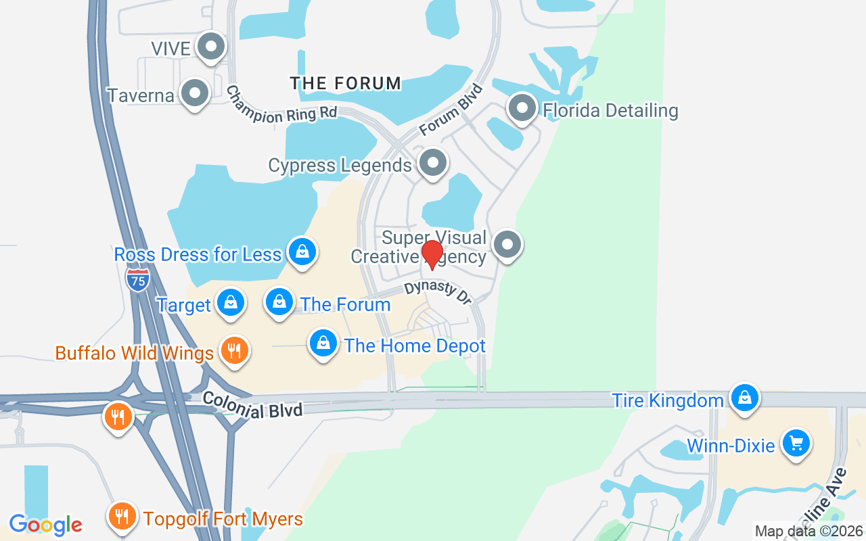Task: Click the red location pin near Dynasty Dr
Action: click(x=432, y=254)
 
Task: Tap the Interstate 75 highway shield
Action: click(x=137, y=279)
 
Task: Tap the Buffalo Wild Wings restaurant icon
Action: click(x=234, y=351)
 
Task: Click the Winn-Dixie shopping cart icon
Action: click(x=796, y=444)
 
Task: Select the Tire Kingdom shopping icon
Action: click(x=745, y=398)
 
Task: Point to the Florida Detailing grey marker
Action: click(x=522, y=108)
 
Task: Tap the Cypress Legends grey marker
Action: click(x=432, y=163)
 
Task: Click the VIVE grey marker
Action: click(x=211, y=47)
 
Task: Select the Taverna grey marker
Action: click(x=196, y=93)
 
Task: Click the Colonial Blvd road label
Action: click(x=252, y=404)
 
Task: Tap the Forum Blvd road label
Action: click(x=451, y=110)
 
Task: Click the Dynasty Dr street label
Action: click(x=438, y=293)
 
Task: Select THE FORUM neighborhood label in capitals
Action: click(x=346, y=84)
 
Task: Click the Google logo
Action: click(x=45, y=525)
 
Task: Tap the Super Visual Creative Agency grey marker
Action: click(x=507, y=245)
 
